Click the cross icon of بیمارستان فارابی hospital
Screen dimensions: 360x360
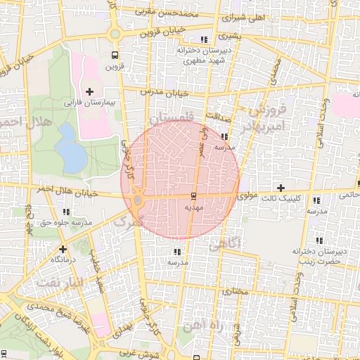click(89, 91)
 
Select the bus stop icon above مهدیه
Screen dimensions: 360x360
click(193, 198)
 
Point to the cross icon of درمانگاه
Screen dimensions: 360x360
click(63, 248)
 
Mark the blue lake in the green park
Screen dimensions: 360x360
click(70, 148)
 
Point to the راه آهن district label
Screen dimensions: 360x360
click(202, 326)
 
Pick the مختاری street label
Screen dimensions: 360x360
click(236, 290)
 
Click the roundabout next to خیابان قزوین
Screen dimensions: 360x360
click(114, 33)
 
